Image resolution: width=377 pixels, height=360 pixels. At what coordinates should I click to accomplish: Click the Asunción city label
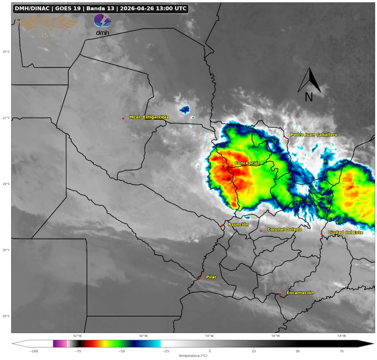(x=238, y=224)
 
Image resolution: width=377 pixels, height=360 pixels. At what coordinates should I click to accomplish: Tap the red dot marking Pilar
(x=199, y=278)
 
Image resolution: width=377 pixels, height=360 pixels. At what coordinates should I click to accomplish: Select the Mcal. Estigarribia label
(x=149, y=117)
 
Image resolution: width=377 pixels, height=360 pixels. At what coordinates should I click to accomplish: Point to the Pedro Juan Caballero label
(x=314, y=134)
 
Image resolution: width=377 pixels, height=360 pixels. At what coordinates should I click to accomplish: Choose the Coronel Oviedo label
(x=284, y=229)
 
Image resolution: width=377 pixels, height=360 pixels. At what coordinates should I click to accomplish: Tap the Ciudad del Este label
(x=345, y=232)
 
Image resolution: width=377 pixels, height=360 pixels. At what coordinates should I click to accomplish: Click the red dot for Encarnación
(x=280, y=294)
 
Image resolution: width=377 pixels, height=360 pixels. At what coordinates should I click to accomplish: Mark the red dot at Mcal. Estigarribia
(x=123, y=119)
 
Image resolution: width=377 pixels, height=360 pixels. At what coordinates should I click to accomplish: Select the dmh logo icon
(x=102, y=24)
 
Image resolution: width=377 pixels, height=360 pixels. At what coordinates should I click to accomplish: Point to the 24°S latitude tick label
(x=5, y=184)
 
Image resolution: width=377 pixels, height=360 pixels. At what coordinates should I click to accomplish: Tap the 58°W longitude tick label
(x=209, y=336)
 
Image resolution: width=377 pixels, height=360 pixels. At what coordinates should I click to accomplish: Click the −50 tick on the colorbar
(x=121, y=351)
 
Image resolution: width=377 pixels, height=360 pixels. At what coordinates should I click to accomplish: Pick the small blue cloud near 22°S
(x=184, y=110)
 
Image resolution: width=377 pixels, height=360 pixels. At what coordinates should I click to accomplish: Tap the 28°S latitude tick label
(x=5, y=316)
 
